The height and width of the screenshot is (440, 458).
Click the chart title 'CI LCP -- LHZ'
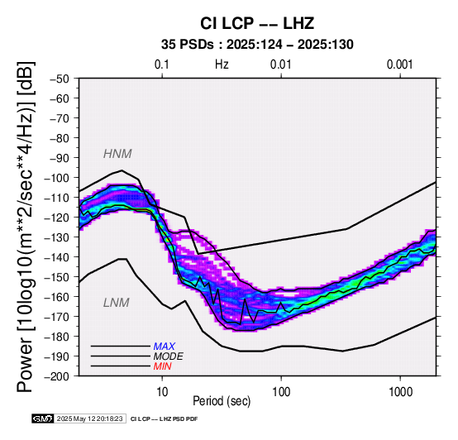(x=257, y=23)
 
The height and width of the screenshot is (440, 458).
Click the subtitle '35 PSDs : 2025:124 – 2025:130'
(x=257, y=45)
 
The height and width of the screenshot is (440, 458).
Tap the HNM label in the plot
(x=117, y=154)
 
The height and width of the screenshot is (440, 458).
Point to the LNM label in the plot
(x=117, y=303)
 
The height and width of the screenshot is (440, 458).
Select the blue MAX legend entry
(x=165, y=347)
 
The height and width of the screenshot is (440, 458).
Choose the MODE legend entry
(x=169, y=356)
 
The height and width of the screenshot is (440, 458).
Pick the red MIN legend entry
(x=162, y=366)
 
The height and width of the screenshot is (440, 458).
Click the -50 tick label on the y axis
(x=60, y=79)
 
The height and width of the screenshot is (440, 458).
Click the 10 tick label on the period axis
(x=162, y=392)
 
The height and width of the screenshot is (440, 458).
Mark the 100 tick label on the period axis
(x=281, y=392)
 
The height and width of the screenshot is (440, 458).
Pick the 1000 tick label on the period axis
(x=400, y=392)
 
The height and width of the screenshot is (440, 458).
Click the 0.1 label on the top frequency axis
(x=162, y=65)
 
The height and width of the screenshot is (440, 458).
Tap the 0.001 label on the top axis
(x=399, y=65)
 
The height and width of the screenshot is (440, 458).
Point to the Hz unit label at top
(x=222, y=65)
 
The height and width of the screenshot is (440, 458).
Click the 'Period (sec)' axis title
(x=222, y=401)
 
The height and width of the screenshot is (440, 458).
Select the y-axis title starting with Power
(x=25, y=227)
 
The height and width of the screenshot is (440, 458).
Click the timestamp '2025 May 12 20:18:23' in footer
(x=89, y=418)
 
